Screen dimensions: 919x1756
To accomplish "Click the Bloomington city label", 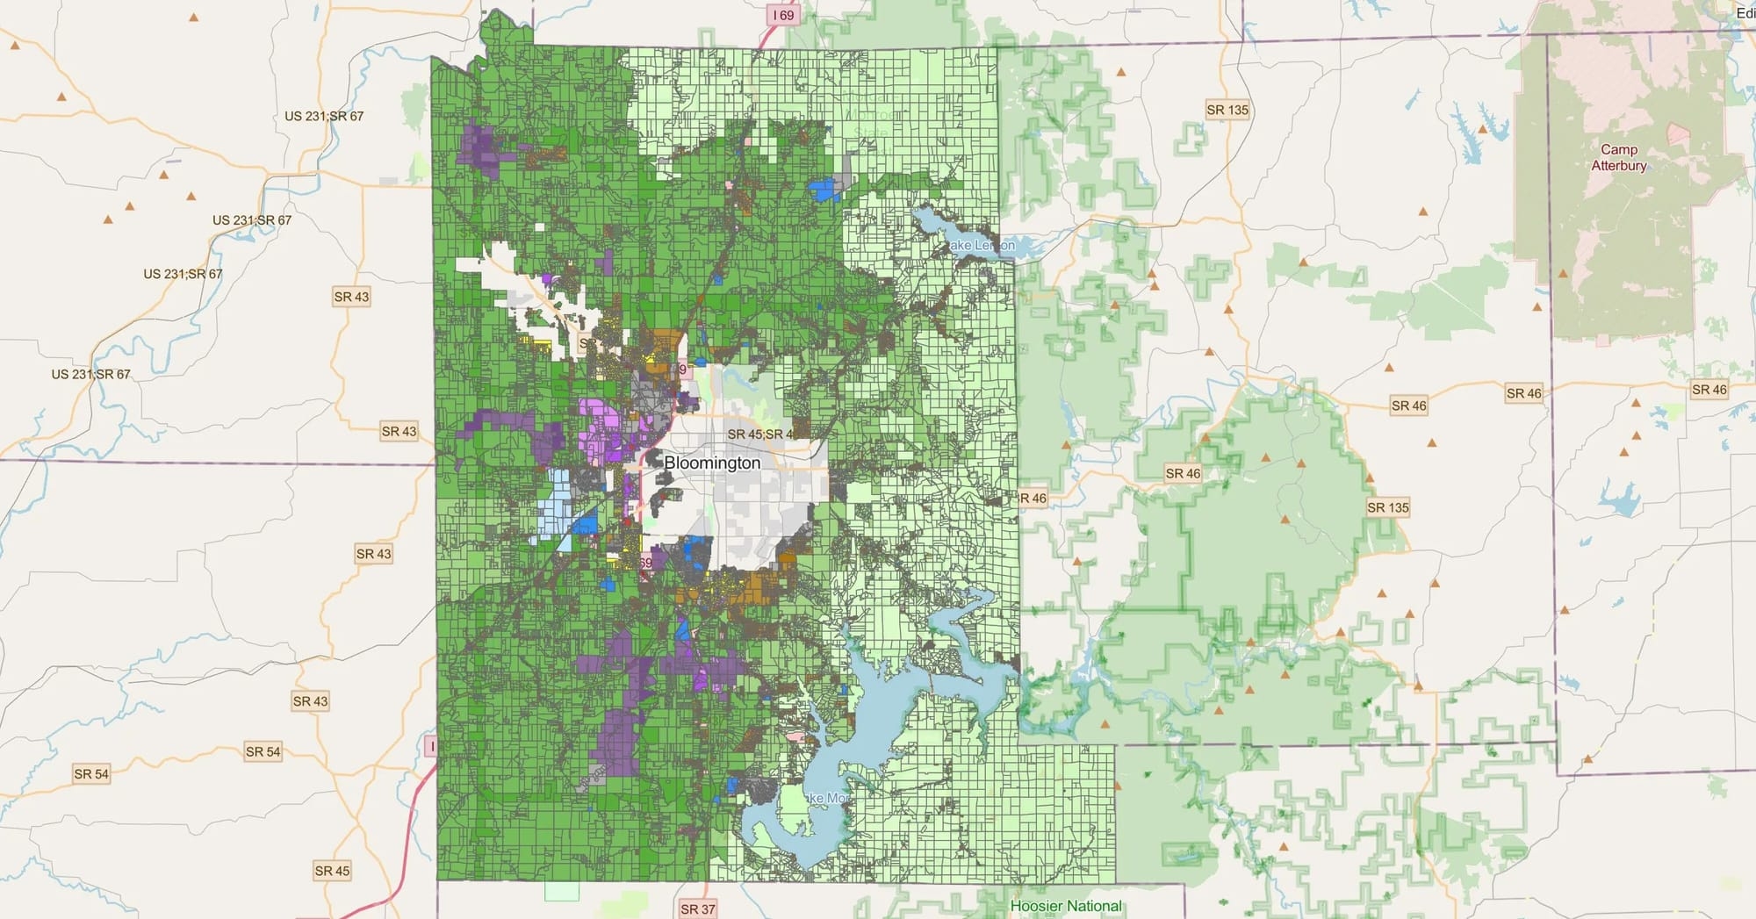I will (x=712, y=463).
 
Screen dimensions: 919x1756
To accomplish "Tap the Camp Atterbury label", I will (x=1618, y=158).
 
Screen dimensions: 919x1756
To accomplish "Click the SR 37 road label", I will (x=698, y=909).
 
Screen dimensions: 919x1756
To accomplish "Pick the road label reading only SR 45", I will (x=332, y=871).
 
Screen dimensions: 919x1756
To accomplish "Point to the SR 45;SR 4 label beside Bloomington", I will (x=760, y=434).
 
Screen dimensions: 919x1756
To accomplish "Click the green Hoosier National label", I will (x=1066, y=906).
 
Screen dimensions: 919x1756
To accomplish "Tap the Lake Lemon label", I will (x=982, y=245).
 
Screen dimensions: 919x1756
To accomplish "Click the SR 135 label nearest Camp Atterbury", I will (x=1227, y=110).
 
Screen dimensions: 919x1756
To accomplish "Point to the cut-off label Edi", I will (x=1745, y=13).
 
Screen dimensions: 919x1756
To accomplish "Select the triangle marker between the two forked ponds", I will (x=1482, y=129).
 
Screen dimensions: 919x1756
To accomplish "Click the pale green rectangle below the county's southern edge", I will (x=562, y=892).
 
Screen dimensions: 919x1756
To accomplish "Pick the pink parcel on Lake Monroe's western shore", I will (x=796, y=736).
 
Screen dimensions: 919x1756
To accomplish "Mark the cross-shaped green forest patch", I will (x=1208, y=275).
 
